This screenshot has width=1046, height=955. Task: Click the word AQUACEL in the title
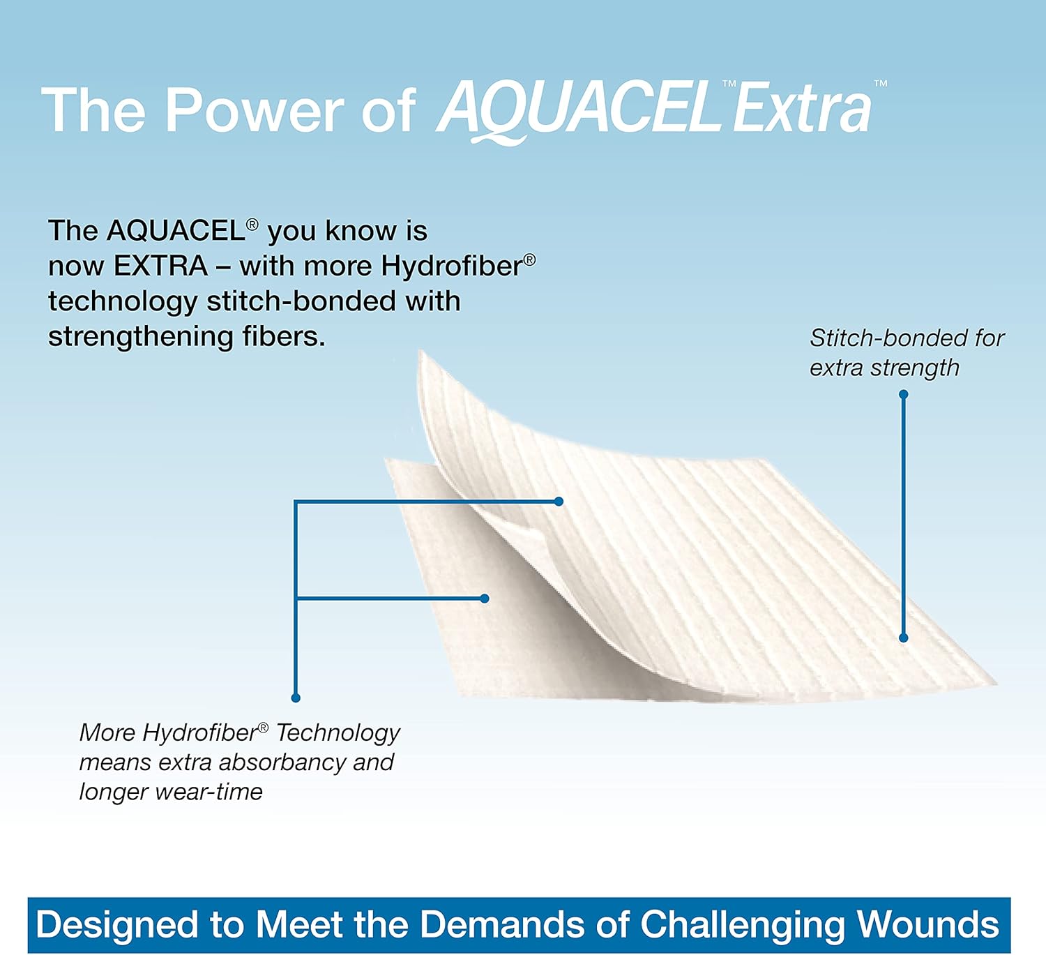pyautogui.click(x=579, y=110)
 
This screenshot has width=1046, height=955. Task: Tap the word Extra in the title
pyautogui.click(x=802, y=110)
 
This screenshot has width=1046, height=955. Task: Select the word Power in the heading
pyautogui.click(x=254, y=110)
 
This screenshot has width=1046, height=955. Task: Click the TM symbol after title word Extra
pyautogui.click(x=881, y=84)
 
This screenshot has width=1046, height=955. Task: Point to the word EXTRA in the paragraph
pyautogui.click(x=160, y=266)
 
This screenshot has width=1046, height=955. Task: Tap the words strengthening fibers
pyautogui.click(x=186, y=336)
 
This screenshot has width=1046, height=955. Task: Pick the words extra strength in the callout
pyautogui.click(x=884, y=368)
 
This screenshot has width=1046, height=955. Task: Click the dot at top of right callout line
pyautogui.click(x=903, y=395)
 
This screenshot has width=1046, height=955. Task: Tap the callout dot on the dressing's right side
pyautogui.click(x=903, y=638)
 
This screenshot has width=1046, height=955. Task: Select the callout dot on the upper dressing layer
pyautogui.click(x=559, y=501)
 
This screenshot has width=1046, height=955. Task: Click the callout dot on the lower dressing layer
pyautogui.click(x=485, y=599)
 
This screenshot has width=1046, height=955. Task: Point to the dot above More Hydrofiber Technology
pyautogui.click(x=296, y=698)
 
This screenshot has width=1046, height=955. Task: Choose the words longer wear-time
pyautogui.click(x=171, y=792)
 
